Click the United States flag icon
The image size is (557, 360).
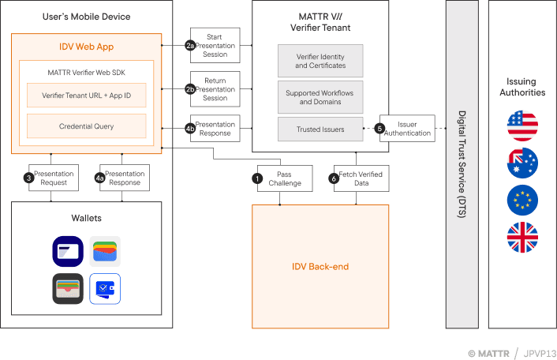click(x=522, y=126)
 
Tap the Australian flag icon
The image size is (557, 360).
click(x=522, y=163)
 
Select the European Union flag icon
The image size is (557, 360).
click(x=522, y=201)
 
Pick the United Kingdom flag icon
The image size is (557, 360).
click(x=522, y=238)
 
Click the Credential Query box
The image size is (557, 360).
click(x=87, y=126)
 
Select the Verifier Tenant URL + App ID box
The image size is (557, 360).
click(x=87, y=96)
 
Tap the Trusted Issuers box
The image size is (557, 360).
click(x=320, y=129)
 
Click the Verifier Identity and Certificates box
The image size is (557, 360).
click(x=320, y=61)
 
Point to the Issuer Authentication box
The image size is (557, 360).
click(x=408, y=129)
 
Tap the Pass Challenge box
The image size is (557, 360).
click(x=285, y=178)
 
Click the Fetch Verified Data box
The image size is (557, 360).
click(x=358, y=178)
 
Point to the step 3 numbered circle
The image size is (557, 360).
click(x=29, y=178)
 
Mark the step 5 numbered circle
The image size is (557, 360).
click(x=379, y=129)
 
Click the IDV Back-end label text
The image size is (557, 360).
click(x=320, y=266)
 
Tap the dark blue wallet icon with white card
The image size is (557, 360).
click(x=68, y=252)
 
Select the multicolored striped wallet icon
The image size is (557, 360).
click(x=105, y=252)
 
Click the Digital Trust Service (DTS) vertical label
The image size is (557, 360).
click(x=462, y=164)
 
